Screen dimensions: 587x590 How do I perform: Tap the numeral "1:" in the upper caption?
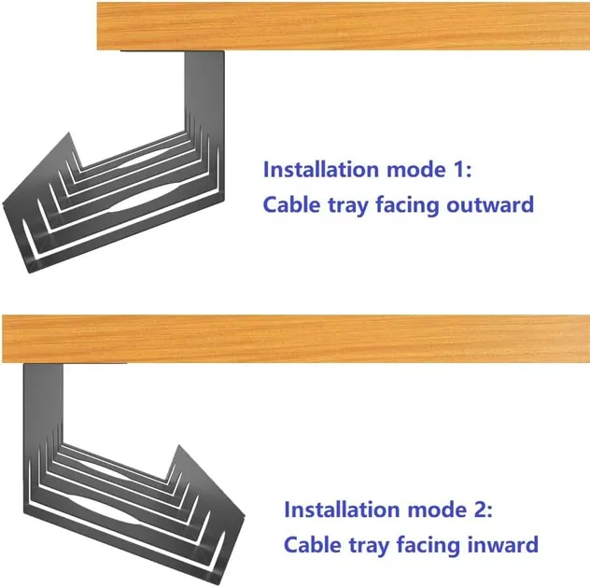click(463, 170)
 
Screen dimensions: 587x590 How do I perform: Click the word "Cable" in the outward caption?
click(290, 203)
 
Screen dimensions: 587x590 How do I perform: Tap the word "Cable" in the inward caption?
click(311, 544)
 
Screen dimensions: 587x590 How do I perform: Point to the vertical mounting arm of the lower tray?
click(43, 401)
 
